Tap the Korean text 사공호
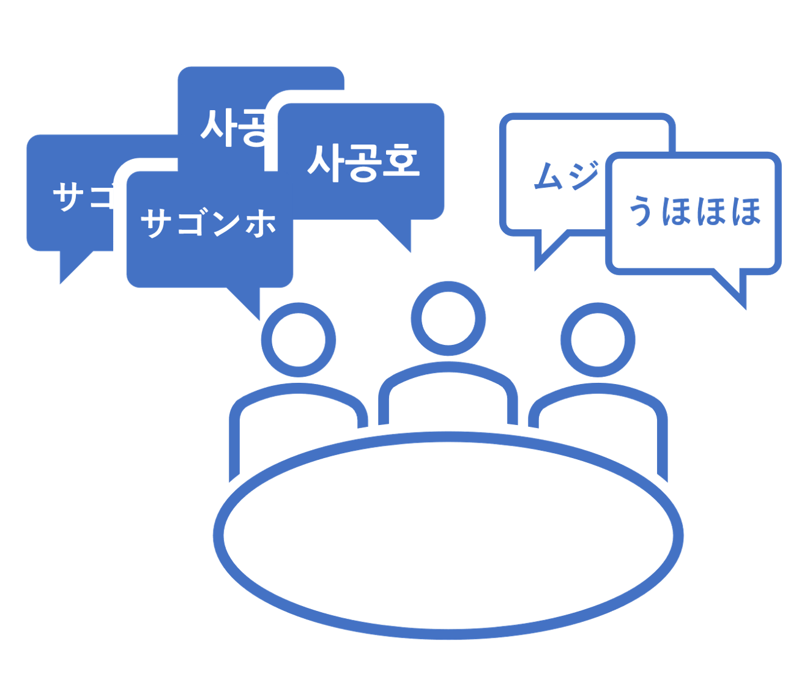pyautogui.click(x=363, y=163)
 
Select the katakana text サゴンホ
pyautogui.click(x=209, y=223)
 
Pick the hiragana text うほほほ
pyautogui.click(x=695, y=212)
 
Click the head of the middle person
pyautogui.click(x=448, y=319)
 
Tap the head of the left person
pyautogui.click(x=299, y=340)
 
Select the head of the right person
pyautogui.click(x=598, y=340)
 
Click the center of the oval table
pyautogui.click(x=448, y=535)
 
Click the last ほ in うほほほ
pyautogui.click(x=746, y=212)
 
